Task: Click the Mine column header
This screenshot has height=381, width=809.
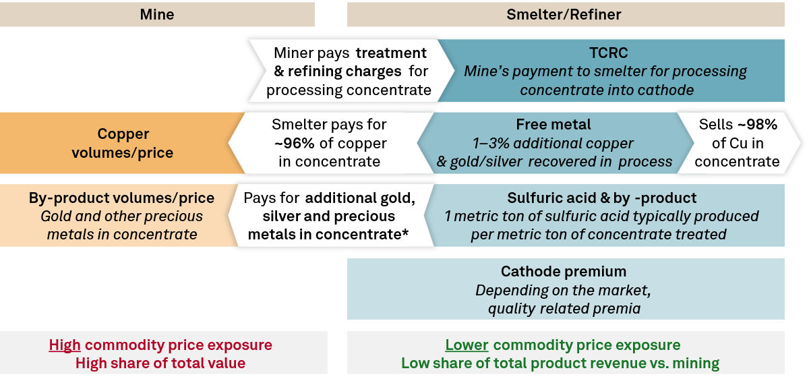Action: click(x=156, y=14)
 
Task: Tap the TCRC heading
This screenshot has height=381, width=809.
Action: click(x=609, y=53)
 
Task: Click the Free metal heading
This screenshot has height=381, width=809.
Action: click(x=553, y=125)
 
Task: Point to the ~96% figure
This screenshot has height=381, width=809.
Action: click(x=294, y=143)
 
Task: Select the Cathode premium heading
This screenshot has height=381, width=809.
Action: click(x=564, y=271)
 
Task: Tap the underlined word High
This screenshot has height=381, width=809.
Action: click(x=65, y=345)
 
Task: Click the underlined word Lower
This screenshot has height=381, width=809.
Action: click(x=467, y=345)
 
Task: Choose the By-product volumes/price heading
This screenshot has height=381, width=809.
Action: click(x=121, y=198)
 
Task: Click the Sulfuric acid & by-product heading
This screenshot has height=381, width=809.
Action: click(x=601, y=198)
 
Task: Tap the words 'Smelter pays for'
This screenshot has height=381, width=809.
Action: click(x=329, y=125)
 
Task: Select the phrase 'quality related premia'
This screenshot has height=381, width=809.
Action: click(x=564, y=309)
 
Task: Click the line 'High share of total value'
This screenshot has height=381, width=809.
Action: click(x=160, y=363)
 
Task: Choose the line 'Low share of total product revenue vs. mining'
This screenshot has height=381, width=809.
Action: click(x=560, y=363)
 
